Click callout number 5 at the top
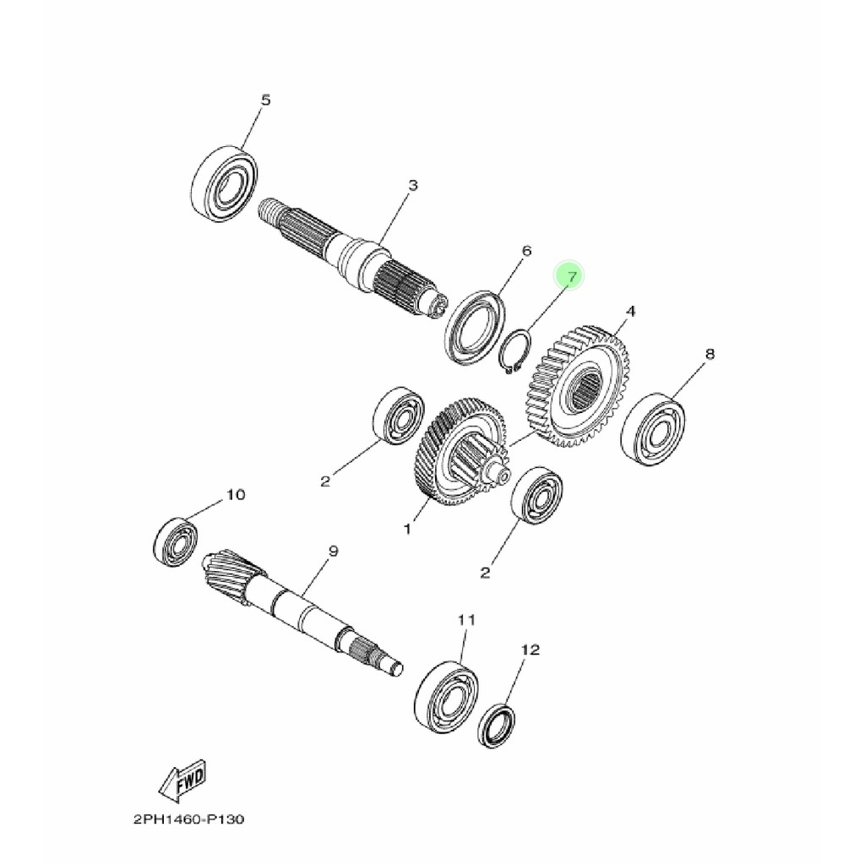point(265,101)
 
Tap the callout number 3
point(412,185)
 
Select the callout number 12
point(530,650)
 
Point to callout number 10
point(235,494)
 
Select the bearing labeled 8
point(653,427)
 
